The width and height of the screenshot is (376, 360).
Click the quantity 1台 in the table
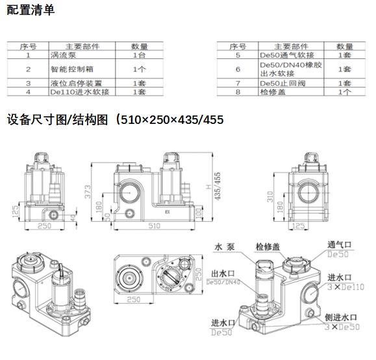click(139, 55)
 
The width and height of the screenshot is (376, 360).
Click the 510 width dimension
click(155, 226)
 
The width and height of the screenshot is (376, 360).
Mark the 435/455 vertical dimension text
click(218, 187)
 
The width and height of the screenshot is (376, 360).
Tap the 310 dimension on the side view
click(268, 197)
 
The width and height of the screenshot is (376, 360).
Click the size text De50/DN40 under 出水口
click(223, 283)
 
